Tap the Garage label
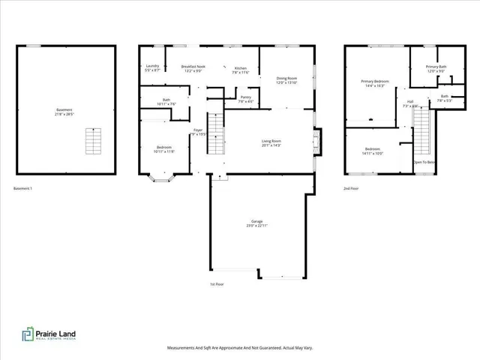click(x=256, y=223)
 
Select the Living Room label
click(x=271, y=143)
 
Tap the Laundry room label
click(x=151, y=68)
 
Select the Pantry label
click(x=245, y=97)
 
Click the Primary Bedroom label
click(x=373, y=83)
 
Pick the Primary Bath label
click(x=436, y=68)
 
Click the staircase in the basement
click(x=93, y=139)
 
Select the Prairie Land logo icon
click(x=27, y=334)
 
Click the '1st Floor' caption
click(x=217, y=284)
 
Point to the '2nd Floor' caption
click(x=351, y=188)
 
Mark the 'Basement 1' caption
click(x=23, y=188)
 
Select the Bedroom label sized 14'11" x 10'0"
click(x=373, y=151)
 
